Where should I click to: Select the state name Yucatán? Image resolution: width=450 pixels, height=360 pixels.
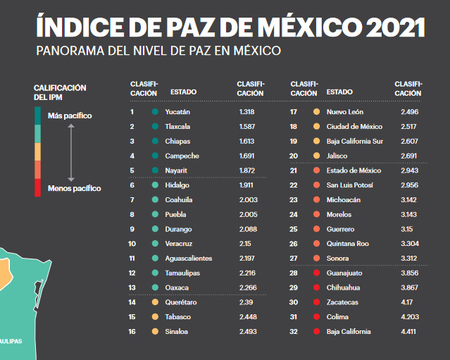click(x=177, y=112)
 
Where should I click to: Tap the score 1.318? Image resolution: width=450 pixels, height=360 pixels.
click(x=246, y=112)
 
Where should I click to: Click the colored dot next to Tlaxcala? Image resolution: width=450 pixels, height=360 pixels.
click(x=154, y=127)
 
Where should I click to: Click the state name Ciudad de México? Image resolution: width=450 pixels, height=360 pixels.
click(x=354, y=127)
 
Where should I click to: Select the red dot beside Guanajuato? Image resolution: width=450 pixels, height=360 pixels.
click(x=317, y=273)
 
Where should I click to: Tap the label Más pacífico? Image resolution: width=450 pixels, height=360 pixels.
click(x=69, y=116)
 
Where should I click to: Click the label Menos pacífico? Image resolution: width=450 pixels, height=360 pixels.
click(x=74, y=188)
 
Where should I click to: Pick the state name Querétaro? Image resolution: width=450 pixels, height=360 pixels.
click(x=181, y=302)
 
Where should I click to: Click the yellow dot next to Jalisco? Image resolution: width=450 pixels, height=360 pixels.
click(x=317, y=156)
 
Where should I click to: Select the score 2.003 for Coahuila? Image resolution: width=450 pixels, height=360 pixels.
click(x=248, y=199)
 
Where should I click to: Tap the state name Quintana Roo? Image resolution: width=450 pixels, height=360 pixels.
click(x=348, y=244)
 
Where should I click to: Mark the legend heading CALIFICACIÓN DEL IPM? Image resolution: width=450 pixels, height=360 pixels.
click(x=60, y=92)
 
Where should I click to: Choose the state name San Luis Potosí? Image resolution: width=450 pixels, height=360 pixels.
click(x=350, y=185)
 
